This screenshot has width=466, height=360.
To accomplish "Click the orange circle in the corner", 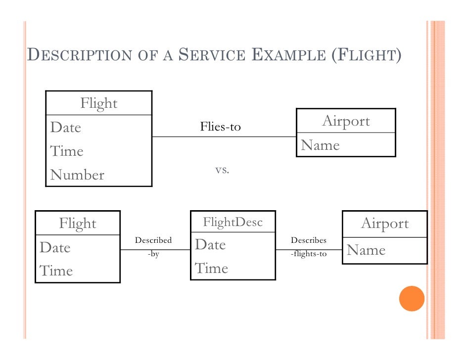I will (412, 298).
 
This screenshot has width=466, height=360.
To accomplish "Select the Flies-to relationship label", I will (220, 127).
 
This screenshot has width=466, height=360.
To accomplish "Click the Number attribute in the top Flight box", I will (77, 175).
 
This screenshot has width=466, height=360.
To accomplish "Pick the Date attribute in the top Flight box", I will (65, 128).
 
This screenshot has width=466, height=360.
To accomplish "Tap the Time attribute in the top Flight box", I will (66, 151).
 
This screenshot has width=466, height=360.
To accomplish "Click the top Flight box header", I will (99, 104).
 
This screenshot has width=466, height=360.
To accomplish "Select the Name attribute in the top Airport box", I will (320, 145).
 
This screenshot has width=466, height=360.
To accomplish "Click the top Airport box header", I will (346, 121).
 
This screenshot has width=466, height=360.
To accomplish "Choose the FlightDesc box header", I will (233, 222).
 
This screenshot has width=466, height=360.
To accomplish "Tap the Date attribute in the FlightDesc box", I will (210, 245).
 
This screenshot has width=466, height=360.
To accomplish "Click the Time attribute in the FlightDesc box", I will (211, 269).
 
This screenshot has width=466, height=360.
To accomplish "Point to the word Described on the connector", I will (153, 240).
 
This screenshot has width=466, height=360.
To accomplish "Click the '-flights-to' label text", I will (309, 255).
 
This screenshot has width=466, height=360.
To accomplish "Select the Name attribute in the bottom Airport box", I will (366, 250).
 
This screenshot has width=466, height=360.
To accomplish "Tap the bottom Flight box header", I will (78, 224).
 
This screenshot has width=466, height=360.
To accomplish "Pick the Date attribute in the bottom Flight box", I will (55, 247).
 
